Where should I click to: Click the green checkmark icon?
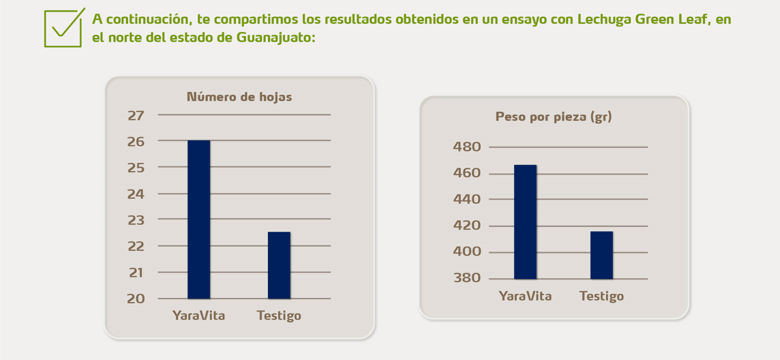click(x=63, y=29)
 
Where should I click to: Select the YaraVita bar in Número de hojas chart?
click(x=198, y=220)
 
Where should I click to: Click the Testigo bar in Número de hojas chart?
click(x=279, y=265)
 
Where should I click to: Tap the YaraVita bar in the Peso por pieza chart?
click(x=525, y=222)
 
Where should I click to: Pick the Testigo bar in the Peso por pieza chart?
click(x=601, y=255)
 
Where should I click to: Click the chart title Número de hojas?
click(x=239, y=97)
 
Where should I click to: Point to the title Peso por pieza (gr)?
click(x=553, y=117)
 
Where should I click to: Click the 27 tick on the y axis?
click(x=136, y=115)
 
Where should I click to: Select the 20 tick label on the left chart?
click(x=136, y=299)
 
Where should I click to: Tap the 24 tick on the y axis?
click(x=136, y=194)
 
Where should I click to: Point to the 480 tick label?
click(x=467, y=147)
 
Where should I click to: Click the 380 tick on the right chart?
click(x=467, y=278)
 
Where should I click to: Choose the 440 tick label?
click(x=467, y=199)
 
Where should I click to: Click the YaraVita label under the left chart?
click(x=198, y=316)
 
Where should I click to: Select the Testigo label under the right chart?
click(x=601, y=296)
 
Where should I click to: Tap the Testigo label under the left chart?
click(x=279, y=316)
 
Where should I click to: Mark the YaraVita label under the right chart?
click(x=525, y=296)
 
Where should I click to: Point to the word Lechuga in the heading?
click(x=604, y=19)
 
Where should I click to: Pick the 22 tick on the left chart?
click(x=136, y=246)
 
